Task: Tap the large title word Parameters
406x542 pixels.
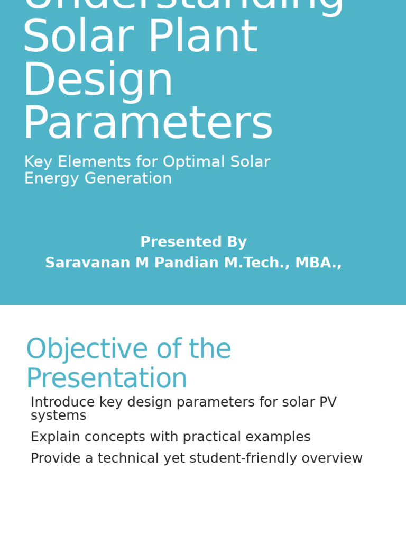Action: (x=147, y=124)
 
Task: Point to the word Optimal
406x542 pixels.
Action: (x=196, y=162)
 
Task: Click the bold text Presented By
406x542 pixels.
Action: (x=193, y=242)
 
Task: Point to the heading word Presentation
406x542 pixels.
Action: (x=107, y=379)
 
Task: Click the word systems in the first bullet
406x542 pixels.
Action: (x=58, y=416)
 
